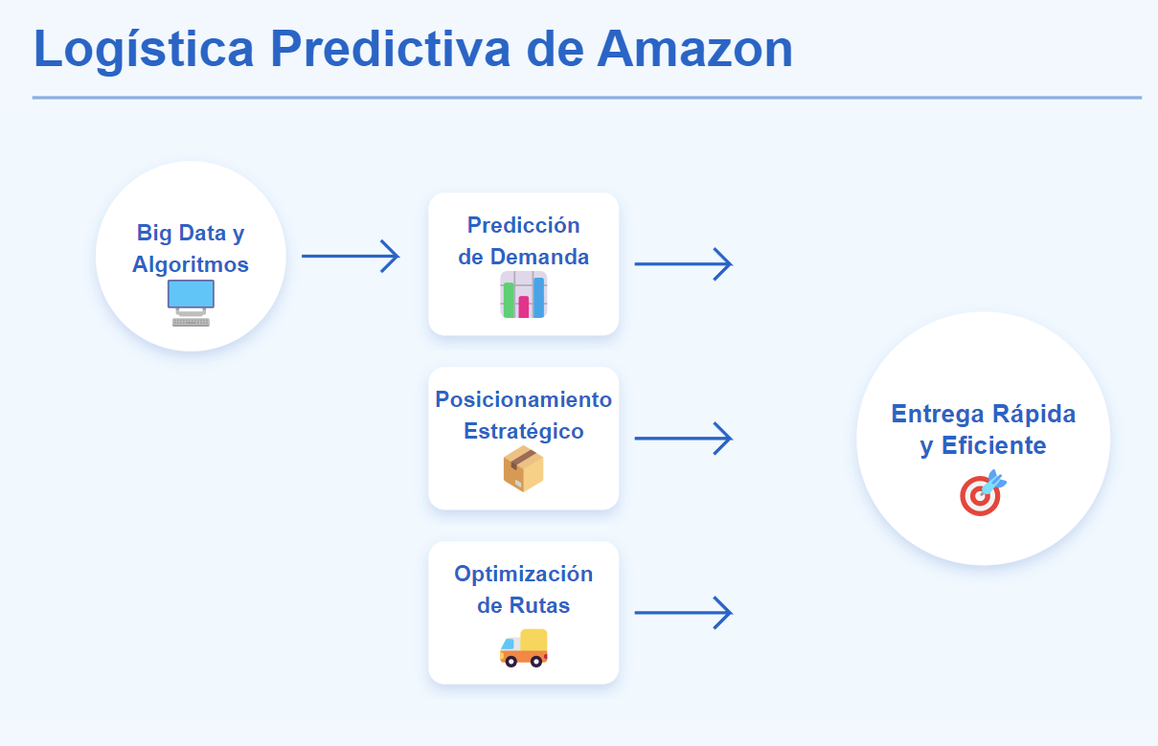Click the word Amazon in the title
[694, 49]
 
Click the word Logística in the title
[144, 51]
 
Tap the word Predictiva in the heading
[390, 48]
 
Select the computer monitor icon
[191, 303]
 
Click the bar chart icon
[524, 295]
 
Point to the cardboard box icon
[524, 468]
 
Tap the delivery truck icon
[524, 647]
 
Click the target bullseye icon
[983, 492]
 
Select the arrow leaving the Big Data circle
[351, 256]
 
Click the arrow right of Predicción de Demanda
[684, 263]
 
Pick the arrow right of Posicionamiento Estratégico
[684, 439]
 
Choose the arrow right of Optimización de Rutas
[684, 613]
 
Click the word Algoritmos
[191, 264]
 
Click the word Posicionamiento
[524, 399]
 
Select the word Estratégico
[524, 432]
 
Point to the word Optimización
[524, 575]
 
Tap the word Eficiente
[994, 445]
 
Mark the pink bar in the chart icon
[524, 306]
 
